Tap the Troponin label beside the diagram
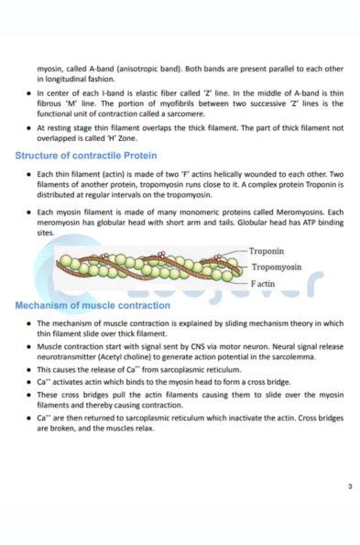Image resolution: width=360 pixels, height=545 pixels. [267, 250]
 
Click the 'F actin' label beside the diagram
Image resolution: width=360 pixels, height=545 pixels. [265, 284]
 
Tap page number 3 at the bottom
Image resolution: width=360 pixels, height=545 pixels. [349, 486]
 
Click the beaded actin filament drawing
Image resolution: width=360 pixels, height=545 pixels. [147, 267]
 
